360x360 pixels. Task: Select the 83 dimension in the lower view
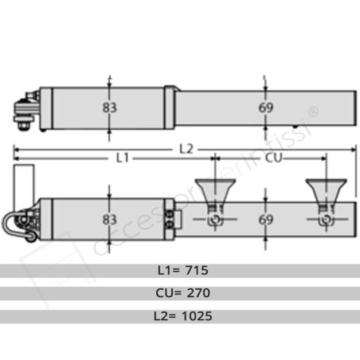pos(109,217)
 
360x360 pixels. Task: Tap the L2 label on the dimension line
pos(186,147)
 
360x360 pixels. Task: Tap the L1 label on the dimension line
pos(121,158)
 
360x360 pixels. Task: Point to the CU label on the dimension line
pos(273,158)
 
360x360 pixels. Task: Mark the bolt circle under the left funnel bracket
pos(213,218)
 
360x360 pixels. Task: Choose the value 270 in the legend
pos(196,292)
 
